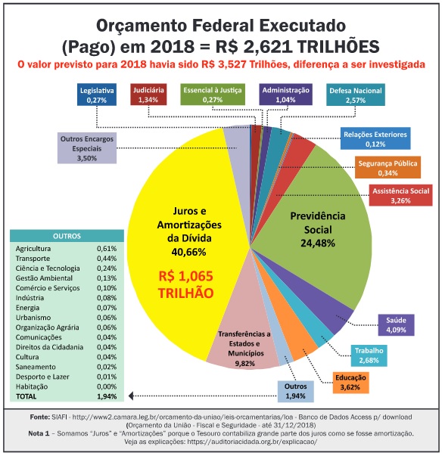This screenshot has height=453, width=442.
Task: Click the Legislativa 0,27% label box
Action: click(x=97, y=95)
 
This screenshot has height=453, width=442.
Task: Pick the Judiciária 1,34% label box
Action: click(x=148, y=95)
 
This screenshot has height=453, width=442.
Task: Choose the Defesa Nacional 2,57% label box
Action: click(x=356, y=95)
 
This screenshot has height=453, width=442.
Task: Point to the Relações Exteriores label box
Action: click(x=375, y=138)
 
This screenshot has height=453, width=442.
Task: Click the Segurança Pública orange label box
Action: click(x=388, y=167)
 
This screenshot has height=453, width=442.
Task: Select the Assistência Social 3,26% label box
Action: click(x=400, y=195)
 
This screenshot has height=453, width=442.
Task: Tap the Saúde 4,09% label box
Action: click(x=396, y=325)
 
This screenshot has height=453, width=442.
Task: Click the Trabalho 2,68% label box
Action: click(x=369, y=355)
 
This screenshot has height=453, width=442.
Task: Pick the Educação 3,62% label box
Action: click(x=350, y=383)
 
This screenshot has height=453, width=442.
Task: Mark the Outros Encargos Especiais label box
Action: click(x=87, y=148)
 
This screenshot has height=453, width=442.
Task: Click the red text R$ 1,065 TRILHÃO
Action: click(x=185, y=284)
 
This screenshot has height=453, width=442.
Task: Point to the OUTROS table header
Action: click(x=67, y=236)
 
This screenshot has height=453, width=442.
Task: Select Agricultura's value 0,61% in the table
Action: click(x=107, y=249)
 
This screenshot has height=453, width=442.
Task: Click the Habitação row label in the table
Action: click(x=32, y=386)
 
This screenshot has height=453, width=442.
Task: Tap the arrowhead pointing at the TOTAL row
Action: click(x=131, y=396)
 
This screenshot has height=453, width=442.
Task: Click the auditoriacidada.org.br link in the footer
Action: click(x=252, y=442)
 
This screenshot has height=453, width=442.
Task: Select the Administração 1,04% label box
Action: click(x=285, y=95)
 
